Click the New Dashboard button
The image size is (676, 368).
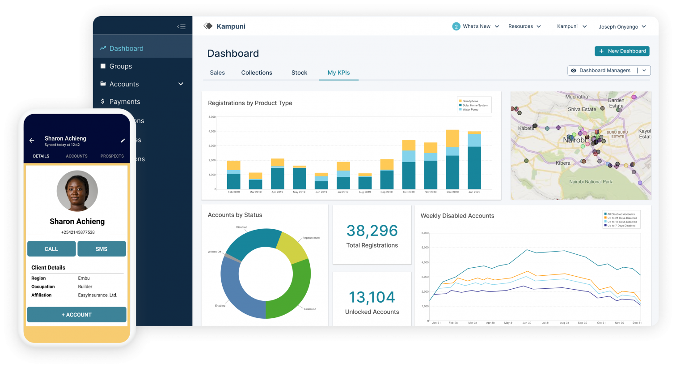click(x=622, y=51)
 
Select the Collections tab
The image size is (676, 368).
click(x=257, y=73)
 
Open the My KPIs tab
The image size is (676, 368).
click(x=338, y=73)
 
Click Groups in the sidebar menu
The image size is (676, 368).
click(x=120, y=66)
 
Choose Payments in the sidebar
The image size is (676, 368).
click(x=124, y=102)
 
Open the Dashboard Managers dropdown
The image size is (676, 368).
click(x=609, y=70)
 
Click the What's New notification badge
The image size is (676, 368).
click(x=456, y=26)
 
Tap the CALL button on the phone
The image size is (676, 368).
click(x=51, y=249)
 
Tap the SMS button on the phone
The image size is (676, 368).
click(x=101, y=249)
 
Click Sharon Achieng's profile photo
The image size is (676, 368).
click(x=77, y=191)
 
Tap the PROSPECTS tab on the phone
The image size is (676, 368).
click(x=112, y=156)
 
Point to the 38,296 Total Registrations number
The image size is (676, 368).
click(x=372, y=231)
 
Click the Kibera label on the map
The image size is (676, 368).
click(x=563, y=163)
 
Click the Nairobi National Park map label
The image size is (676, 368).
click(x=590, y=182)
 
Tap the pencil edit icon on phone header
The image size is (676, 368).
click(x=123, y=141)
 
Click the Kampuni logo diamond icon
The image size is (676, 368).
click(x=208, y=26)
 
